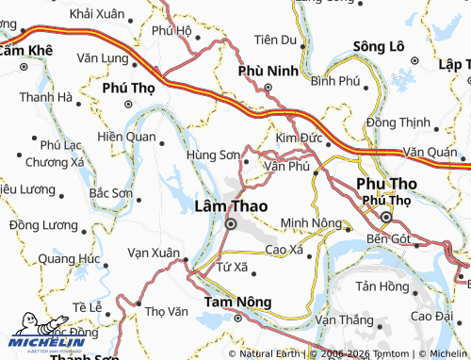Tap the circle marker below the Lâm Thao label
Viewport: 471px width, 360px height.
[231, 224]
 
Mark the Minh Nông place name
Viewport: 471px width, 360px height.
[311, 223]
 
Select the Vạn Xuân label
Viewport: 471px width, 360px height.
[153, 253]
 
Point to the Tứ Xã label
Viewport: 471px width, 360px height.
[231, 267]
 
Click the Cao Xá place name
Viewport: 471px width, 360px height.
[284, 250]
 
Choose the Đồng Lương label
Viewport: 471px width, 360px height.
[42, 224]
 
